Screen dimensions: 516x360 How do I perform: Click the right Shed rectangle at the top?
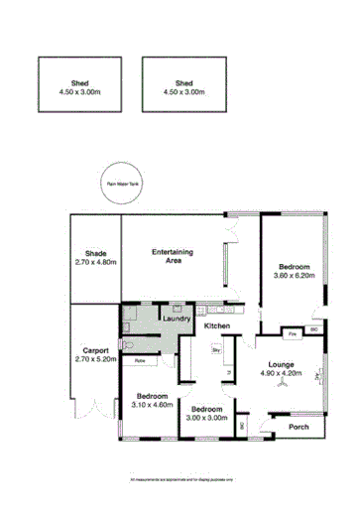(183, 87)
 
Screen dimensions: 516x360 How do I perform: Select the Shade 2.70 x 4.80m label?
(95, 259)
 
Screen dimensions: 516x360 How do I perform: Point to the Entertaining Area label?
(172, 256)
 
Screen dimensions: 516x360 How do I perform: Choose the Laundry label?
(177, 319)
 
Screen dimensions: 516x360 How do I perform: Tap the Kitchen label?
(217, 326)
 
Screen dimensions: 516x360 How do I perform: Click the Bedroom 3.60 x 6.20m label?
(295, 271)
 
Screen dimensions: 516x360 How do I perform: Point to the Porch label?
(299, 428)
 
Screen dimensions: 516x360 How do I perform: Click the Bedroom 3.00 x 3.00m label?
(207, 414)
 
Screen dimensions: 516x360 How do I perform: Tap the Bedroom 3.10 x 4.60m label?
(152, 400)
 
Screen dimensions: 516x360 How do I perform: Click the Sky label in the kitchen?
(216, 350)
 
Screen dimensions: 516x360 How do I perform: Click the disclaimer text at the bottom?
(180, 479)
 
